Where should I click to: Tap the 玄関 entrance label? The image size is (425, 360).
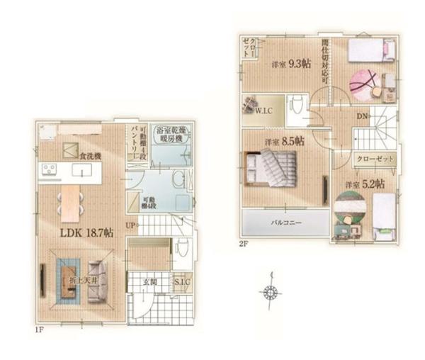pyautogui.click(x=149, y=282)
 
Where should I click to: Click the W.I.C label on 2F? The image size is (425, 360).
pyautogui.click(x=266, y=110)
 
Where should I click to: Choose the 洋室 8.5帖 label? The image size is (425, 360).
pyautogui.click(x=284, y=142)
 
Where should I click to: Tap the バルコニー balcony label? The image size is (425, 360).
pyautogui.click(x=286, y=223)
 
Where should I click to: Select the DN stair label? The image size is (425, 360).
pyautogui.click(x=361, y=116)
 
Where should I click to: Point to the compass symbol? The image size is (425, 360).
pyautogui.click(x=269, y=291)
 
